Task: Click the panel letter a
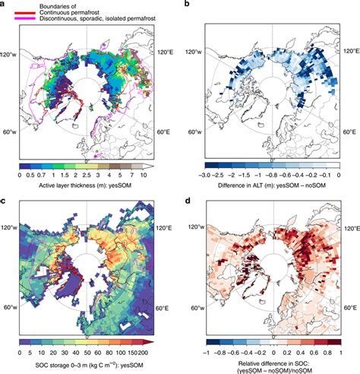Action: (4, 5)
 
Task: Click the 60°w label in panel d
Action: (197, 307)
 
